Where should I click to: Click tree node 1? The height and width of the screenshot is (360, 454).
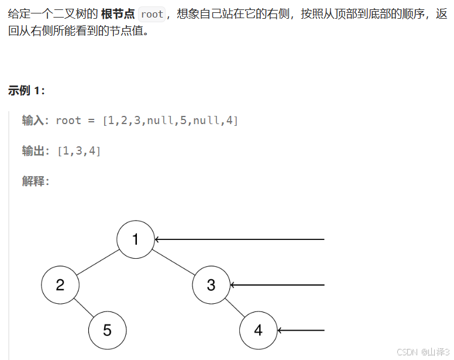(135, 239)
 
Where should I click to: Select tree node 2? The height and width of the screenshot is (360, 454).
(60, 285)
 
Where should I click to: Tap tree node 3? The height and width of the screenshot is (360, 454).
(211, 285)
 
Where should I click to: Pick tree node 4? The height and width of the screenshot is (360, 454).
(258, 330)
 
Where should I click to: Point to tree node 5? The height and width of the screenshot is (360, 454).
(107, 330)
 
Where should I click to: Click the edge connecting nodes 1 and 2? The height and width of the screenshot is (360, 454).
(98, 262)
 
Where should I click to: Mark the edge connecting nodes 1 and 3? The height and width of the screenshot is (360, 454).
(173, 262)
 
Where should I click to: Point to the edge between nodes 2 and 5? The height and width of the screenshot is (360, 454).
(84, 308)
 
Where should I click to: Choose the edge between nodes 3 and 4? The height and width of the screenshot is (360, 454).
(235, 308)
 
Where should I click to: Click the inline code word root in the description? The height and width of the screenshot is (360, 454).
(152, 14)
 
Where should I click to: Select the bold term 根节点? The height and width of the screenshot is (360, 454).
(118, 14)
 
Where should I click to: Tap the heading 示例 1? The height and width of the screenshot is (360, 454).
(26, 91)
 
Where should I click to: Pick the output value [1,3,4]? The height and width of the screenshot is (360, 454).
(79, 151)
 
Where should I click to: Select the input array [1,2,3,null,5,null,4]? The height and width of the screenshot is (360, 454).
(170, 121)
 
